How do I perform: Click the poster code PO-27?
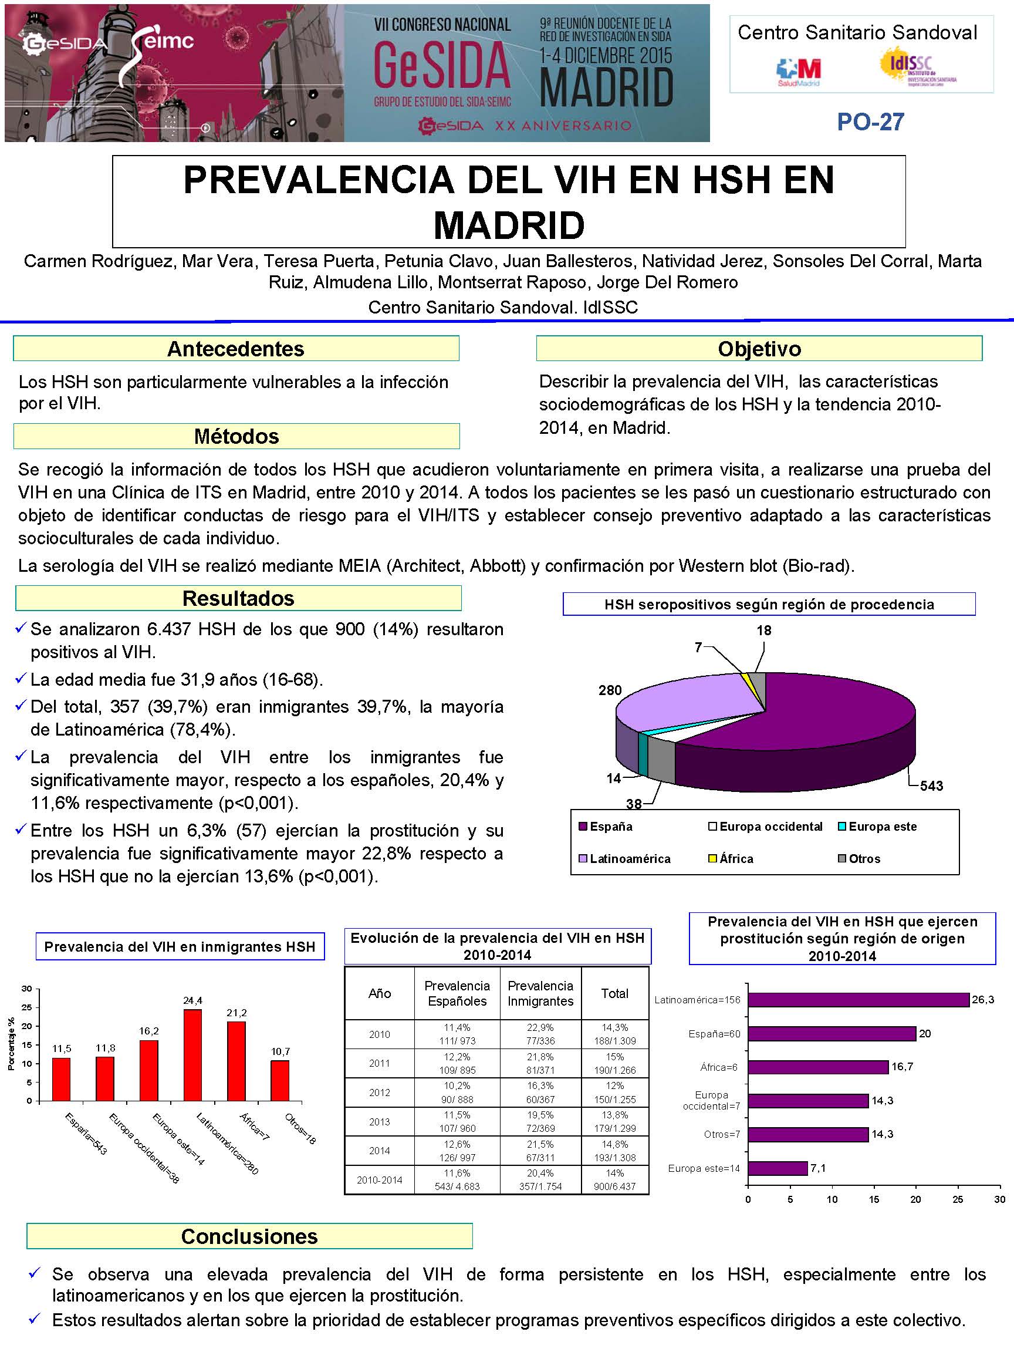(x=870, y=122)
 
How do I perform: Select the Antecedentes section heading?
(x=236, y=348)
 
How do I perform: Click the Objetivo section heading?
(x=759, y=348)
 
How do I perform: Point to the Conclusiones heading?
(x=249, y=1236)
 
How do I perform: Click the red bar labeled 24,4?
(x=192, y=1055)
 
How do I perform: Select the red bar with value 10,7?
(x=280, y=1081)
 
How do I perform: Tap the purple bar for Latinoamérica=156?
(x=858, y=1000)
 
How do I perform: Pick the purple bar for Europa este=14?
(x=778, y=1168)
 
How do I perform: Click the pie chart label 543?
(x=931, y=786)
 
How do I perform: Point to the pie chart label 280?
(x=610, y=690)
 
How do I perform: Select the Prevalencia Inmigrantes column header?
(x=540, y=993)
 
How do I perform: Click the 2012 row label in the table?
(x=379, y=1093)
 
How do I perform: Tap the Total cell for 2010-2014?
(x=614, y=1179)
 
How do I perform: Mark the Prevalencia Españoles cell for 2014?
(x=457, y=1150)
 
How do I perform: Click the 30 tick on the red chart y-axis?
(x=27, y=989)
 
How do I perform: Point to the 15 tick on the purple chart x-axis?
(x=874, y=1199)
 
